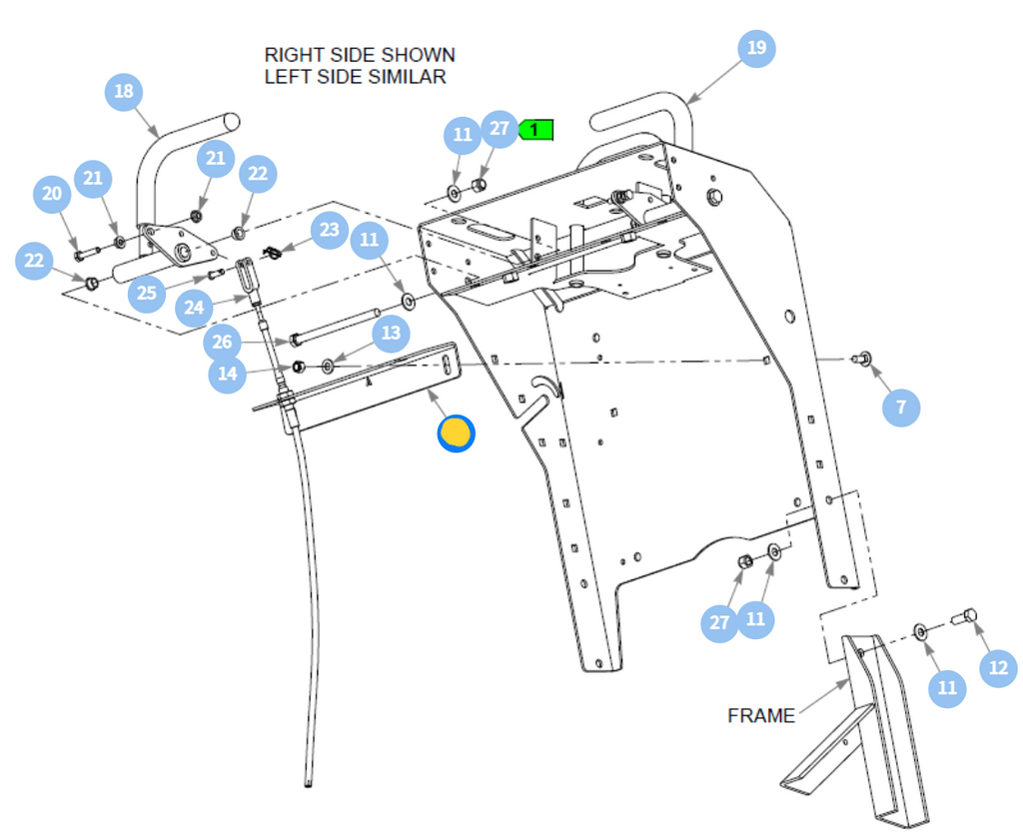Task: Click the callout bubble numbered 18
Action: point(124,92)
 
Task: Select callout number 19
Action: point(757,48)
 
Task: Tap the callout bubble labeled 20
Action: point(52,194)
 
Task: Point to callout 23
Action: point(330,230)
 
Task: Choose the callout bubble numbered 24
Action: point(195,307)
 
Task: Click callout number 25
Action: point(147,293)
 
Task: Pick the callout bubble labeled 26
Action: point(223,342)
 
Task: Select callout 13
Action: point(392,334)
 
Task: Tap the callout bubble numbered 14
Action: point(228,374)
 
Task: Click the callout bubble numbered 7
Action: point(901,408)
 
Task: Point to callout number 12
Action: point(999,668)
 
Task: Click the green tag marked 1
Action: point(535,130)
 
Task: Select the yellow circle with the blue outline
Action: point(456,432)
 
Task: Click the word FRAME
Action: point(761,715)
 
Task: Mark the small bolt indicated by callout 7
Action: point(862,358)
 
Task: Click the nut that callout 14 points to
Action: point(298,367)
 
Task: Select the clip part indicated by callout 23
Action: point(272,252)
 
